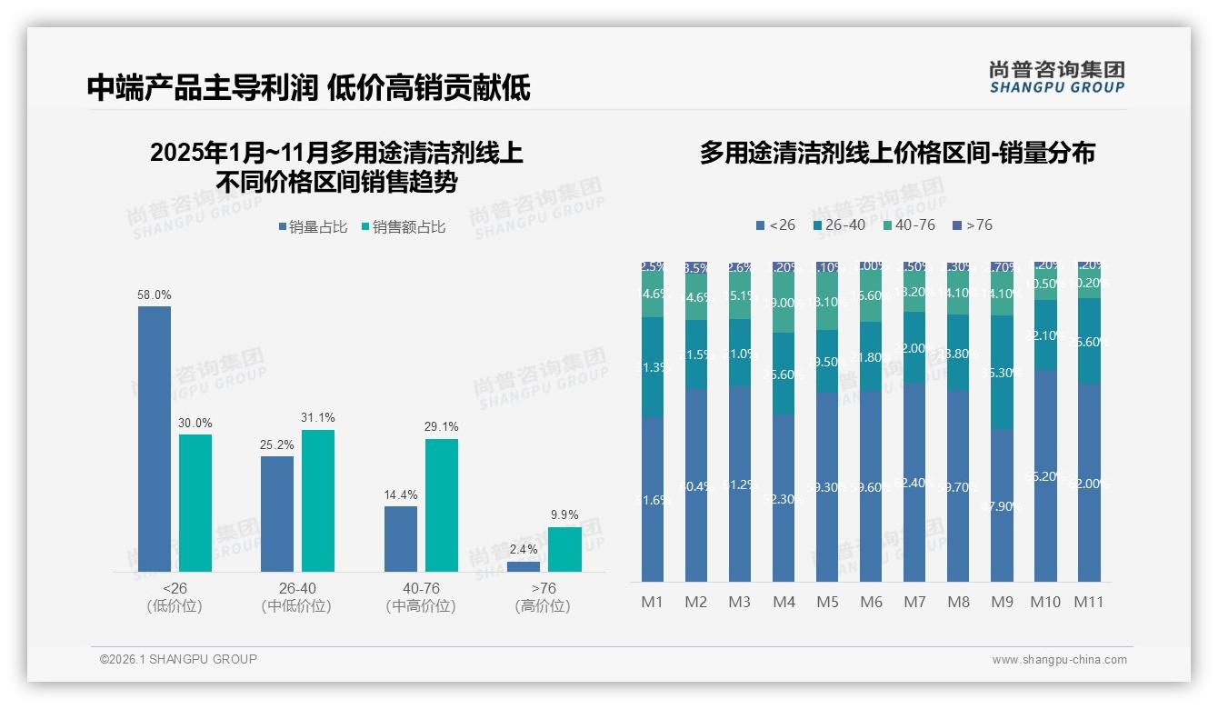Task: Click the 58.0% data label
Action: [x=155, y=295]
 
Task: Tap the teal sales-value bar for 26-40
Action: [x=318, y=501]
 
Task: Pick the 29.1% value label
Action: [x=442, y=426]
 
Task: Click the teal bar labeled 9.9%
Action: [x=564, y=550]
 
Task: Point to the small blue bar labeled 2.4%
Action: [x=524, y=566]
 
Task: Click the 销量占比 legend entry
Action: [x=314, y=227]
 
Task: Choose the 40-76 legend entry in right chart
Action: [x=908, y=225]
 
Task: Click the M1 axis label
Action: [x=653, y=602]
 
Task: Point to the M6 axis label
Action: [x=871, y=602]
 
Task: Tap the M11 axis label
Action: [x=1089, y=602]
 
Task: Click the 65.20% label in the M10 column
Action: [x=1045, y=476]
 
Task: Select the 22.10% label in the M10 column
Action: [x=1045, y=335]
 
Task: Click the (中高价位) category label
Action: [x=421, y=606]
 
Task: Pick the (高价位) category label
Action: [x=543, y=606]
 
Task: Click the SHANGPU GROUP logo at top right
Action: [x=1057, y=77]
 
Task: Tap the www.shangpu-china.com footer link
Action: [x=1059, y=660]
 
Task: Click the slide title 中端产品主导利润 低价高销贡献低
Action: [x=309, y=87]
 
